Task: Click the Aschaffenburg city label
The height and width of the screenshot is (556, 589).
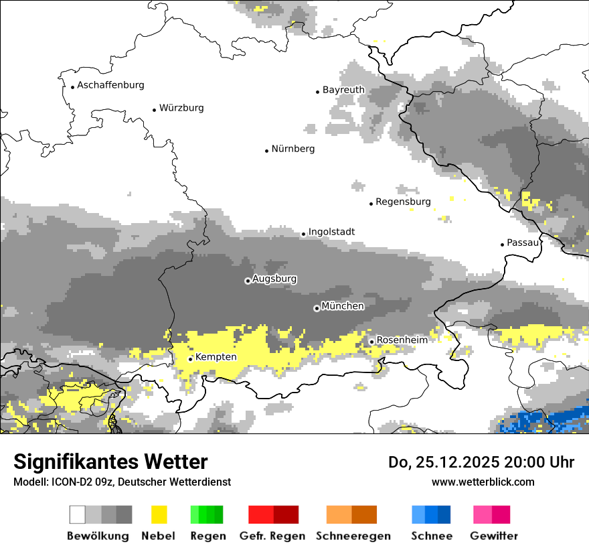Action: point(110,85)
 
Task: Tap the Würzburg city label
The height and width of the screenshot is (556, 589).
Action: point(181,108)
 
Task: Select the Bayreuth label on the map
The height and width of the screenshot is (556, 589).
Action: point(343,90)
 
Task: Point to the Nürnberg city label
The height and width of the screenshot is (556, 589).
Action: point(293,149)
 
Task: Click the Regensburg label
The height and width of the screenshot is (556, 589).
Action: point(403,202)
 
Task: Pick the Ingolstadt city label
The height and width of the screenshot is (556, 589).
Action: point(331,232)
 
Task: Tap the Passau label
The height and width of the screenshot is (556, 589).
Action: point(523,242)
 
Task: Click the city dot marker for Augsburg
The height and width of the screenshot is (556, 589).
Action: point(248,281)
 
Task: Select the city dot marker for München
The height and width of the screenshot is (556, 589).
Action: point(317,308)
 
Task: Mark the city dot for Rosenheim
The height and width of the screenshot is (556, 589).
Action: point(371,342)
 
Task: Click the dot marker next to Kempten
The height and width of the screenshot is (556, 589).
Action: point(190,359)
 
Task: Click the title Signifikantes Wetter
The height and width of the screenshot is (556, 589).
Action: point(110,462)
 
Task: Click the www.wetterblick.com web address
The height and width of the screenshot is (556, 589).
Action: point(483,482)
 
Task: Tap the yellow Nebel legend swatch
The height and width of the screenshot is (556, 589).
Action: point(159,514)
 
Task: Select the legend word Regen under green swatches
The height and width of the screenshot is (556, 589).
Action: point(207,536)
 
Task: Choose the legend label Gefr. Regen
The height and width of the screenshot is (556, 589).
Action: point(272,536)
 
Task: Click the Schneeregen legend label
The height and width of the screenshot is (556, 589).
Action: point(353,536)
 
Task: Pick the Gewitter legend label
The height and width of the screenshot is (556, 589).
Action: point(493,536)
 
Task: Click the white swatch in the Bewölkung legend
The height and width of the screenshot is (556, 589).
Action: point(78,514)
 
